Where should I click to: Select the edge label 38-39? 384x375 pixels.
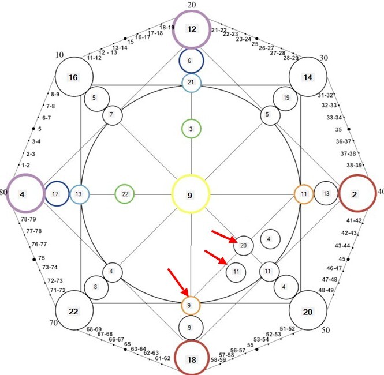(x=354, y=166)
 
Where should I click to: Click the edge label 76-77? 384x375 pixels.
(x=39, y=244)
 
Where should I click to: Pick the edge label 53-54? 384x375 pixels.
(x=261, y=340)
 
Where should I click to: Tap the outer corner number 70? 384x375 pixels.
(x=54, y=323)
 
